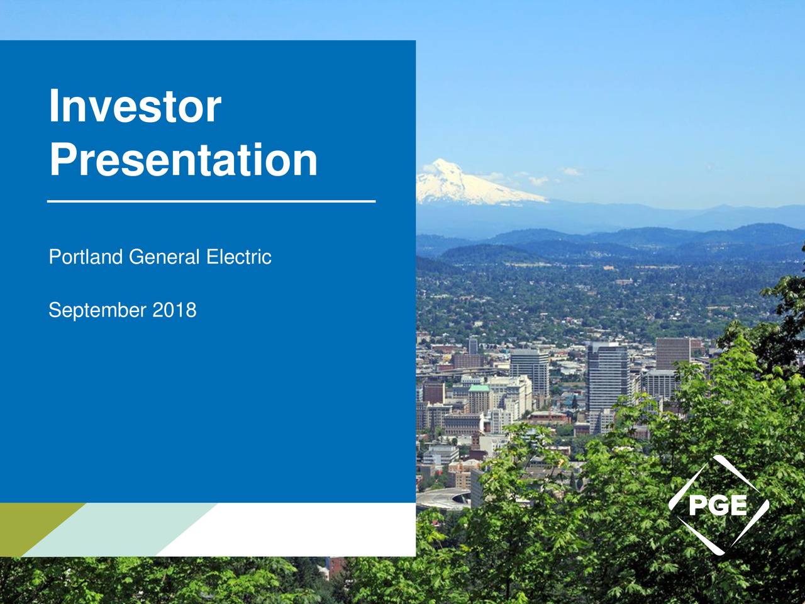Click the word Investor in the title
coord(135,106)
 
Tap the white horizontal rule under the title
coord(211,201)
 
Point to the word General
coord(164,257)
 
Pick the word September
coord(97,310)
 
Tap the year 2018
coord(174,310)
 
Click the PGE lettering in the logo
coord(718,505)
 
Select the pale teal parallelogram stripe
coord(119,528)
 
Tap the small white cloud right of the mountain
coord(571,171)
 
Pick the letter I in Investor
coord(55,106)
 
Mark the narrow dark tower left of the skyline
coord(472,345)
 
